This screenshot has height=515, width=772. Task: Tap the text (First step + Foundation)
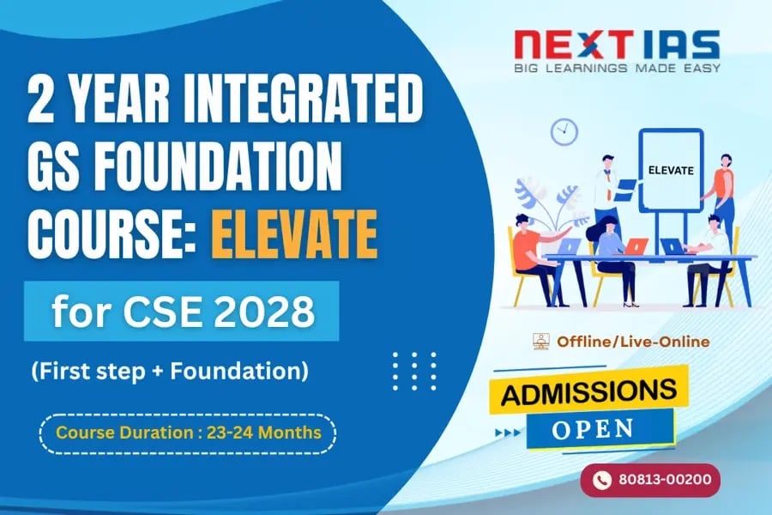(x=170, y=373)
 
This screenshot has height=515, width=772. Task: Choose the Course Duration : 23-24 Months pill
(x=188, y=433)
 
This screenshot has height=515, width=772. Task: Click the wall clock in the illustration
(x=564, y=131)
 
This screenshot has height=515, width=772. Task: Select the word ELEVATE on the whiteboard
(x=671, y=170)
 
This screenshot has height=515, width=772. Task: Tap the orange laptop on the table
(x=636, y=246)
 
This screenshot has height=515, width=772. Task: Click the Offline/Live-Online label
(x=633, y=342)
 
